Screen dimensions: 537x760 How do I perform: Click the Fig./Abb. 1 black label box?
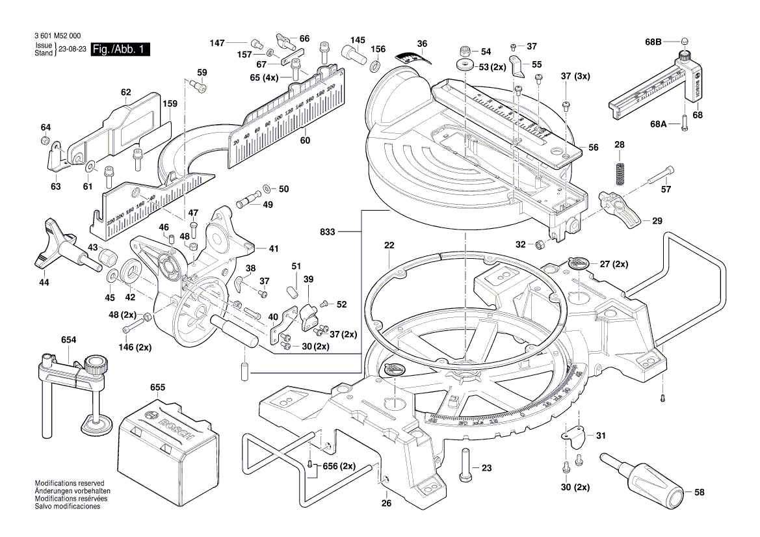click(x=120, y=49)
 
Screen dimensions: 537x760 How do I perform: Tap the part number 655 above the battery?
click(x=157, y=387)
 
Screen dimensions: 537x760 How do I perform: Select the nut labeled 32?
click(x=539, y=244)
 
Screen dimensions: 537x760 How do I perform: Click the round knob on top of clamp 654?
click(x=96, y=363)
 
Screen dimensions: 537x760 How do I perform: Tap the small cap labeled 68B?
click(x=685, y=42)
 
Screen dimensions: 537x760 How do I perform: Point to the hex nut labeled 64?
click(x=46, y=141)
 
